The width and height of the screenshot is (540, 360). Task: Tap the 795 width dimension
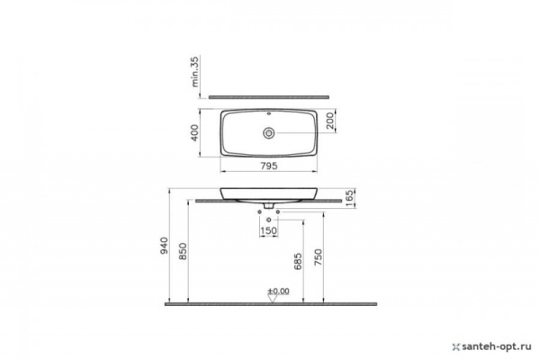269,165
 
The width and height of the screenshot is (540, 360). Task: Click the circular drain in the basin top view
268,132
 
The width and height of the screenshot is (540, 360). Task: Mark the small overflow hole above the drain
268,115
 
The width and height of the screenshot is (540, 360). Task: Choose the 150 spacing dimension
268,232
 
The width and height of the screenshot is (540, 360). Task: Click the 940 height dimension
165,246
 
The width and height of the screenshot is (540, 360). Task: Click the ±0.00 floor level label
278,291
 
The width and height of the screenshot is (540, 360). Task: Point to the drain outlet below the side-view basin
268,207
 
